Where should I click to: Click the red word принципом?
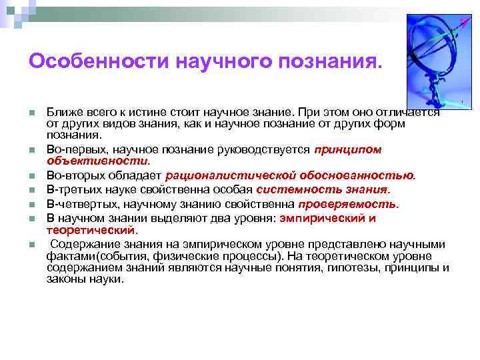(x=347, y=150)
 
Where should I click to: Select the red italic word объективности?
(x=97, y=161)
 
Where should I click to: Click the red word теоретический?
(x=91, y=231)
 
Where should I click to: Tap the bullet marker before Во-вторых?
(x=32, y=176)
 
